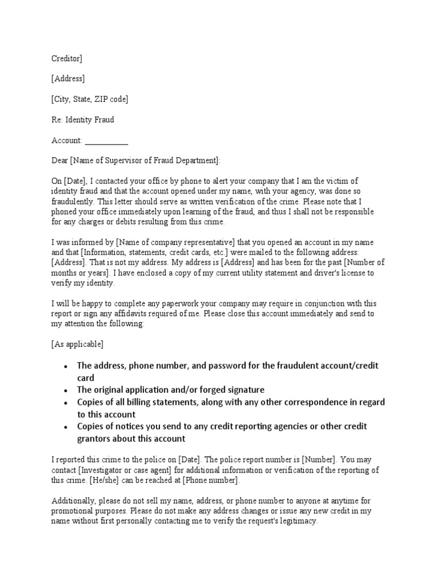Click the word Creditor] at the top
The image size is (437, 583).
67,58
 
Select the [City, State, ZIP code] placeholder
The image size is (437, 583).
89,99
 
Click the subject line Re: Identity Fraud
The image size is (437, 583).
83,120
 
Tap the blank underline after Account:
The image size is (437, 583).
106,141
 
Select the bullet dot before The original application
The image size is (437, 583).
67,391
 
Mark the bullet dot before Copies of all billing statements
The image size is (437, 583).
67,403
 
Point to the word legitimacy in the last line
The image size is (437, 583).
292,521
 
